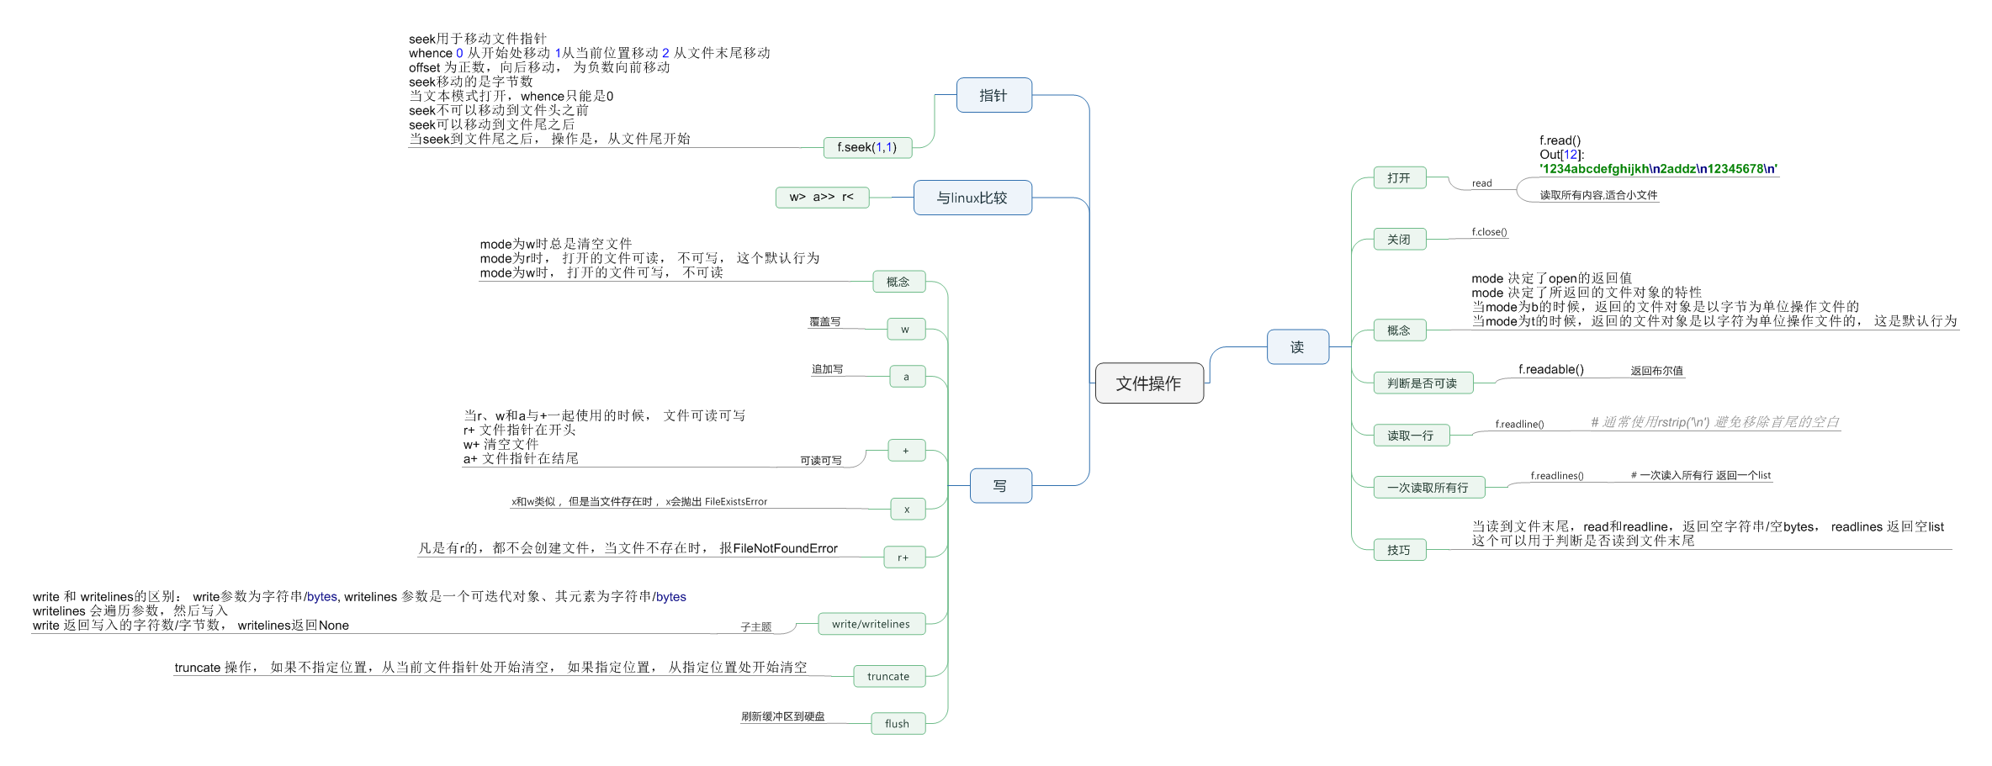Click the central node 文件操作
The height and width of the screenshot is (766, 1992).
(x=1148, y=383)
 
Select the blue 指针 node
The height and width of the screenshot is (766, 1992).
(x=993, y=96)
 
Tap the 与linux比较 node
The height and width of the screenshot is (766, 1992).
(x=972, y=198)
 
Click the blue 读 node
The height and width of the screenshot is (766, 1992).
(x=1297, y=346)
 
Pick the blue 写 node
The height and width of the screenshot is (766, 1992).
(x=1000, y=486)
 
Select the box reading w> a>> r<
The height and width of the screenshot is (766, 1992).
(x=821, y=197)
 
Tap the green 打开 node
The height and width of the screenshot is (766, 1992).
(x=1399, y=177)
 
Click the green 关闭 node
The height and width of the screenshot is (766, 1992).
(x=1399, y=240)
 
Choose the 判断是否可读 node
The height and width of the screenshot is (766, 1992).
(x=1422, y=383)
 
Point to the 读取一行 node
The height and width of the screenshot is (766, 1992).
(x=1411, y=436)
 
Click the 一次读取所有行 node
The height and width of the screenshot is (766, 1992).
(x=1428, y=488)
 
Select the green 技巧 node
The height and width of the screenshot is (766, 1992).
(x=1399, y=550)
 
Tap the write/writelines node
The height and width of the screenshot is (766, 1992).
(x=871, y=624)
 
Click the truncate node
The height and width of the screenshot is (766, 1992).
(x=888, y=676)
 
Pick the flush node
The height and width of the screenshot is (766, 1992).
(x=897, y=723)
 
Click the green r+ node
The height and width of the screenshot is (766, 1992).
(x=903, y=557)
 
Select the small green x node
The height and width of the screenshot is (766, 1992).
(x=907, y=509)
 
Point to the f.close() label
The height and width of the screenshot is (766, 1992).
(x=1489, y=232)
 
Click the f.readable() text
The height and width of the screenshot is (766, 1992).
(x=1550, y=369)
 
